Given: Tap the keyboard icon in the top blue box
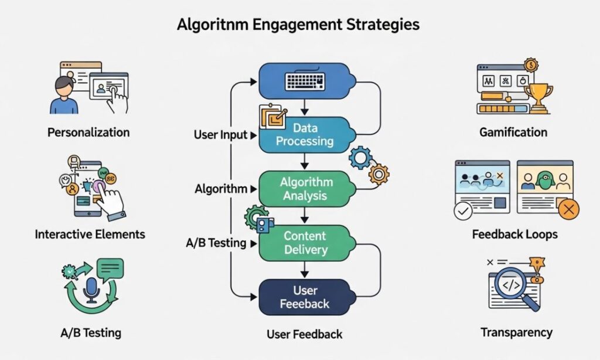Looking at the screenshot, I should coord(305,81).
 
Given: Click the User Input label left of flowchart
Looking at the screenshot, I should coord(221,135).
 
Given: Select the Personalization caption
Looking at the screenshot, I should coord(88,132).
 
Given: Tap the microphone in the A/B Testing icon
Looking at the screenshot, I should coord(91,289).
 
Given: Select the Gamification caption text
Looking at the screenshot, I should coord(513,132).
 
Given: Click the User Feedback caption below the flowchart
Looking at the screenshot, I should coord(304,334).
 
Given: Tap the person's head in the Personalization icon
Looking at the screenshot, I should coord(64,86).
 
